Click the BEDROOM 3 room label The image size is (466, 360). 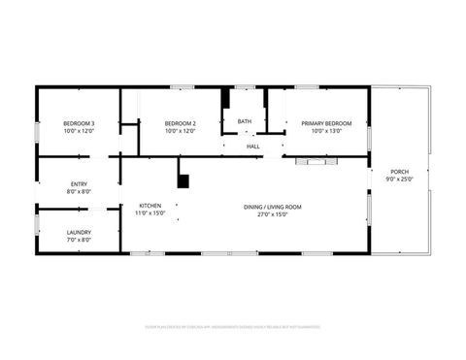pyautogui.click(x=79, y=123)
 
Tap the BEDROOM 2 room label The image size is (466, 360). pyautogui.click(x=181, y=123)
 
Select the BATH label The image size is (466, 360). pyautogui.click(x=245, y=121)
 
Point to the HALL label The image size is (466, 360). pyautogui.click(x=252, y=147)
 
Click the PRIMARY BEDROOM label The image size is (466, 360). pyautogui.click(x=326, y=123)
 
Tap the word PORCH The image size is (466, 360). pyautogui.click(x=398, y=172)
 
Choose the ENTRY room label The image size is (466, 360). pyautogui.click(x=79, y=184)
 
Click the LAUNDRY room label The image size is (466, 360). pyautogui.click(x=79, y=232)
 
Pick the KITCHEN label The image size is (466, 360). pyautogui.click(x=150, y=206)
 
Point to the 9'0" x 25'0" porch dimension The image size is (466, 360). pyautogui.click(x=398, y=180)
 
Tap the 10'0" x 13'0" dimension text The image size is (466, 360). pyautogui.click(x=326, y=131)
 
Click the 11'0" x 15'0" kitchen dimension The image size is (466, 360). pyautogui.click(x=150, y=213)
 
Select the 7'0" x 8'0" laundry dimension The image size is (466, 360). pyautogui.click(x=79, y=240)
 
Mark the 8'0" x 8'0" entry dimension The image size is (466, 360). pyautogui.click(x=79, y=192)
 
